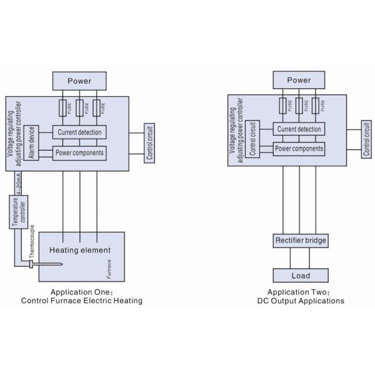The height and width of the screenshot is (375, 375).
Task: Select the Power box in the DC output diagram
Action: (x=299, y=80)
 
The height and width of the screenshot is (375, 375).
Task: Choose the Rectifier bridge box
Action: (x=300, y=241)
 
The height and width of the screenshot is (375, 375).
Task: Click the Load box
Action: (x=300, y=276)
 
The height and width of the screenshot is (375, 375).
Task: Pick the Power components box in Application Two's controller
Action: (x=299, y=149)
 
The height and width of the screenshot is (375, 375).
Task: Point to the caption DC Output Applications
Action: (x=301, y=301)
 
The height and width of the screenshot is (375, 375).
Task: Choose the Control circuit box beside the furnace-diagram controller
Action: (x=150, y=143)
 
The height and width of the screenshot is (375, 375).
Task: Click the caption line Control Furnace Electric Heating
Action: (x=81, y=301)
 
